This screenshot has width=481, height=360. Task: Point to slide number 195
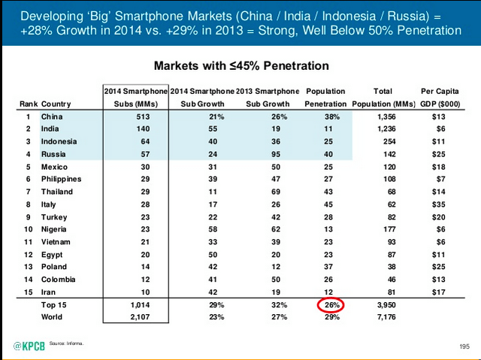point(464,346)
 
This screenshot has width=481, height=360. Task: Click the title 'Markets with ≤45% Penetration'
point(240,66)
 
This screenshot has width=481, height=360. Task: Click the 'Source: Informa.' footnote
point(66,343)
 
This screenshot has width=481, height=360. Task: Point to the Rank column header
point(28,104)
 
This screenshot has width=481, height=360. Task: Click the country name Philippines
point(62,179)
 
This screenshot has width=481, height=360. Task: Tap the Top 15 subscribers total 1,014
point(136,305)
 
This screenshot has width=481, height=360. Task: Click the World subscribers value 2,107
point(136,318)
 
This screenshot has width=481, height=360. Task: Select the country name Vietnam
point(56,241)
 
